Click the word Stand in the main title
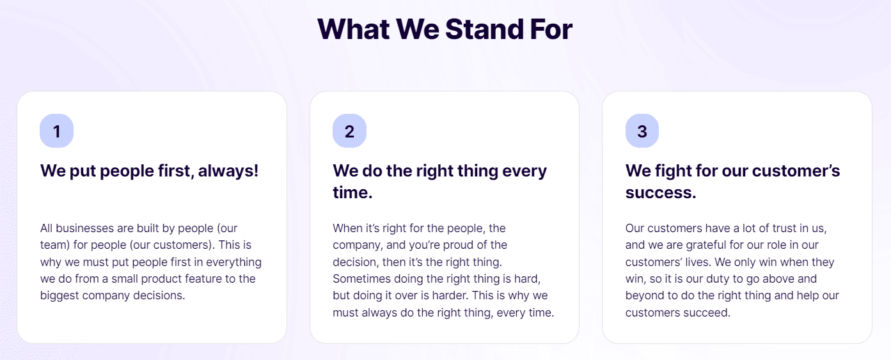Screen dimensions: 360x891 (483, 29)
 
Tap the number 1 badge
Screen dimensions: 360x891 (56, 131)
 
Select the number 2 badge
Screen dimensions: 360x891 (349, 131)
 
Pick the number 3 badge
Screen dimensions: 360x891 (642, 131)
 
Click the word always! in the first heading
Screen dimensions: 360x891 (228, 171)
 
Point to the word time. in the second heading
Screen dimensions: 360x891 (352, 192)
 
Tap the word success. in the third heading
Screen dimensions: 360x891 (661, 192)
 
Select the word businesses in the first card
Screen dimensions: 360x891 (83, 228)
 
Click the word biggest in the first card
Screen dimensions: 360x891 (59, 295)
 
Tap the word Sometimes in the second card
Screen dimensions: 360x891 (361, 279)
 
